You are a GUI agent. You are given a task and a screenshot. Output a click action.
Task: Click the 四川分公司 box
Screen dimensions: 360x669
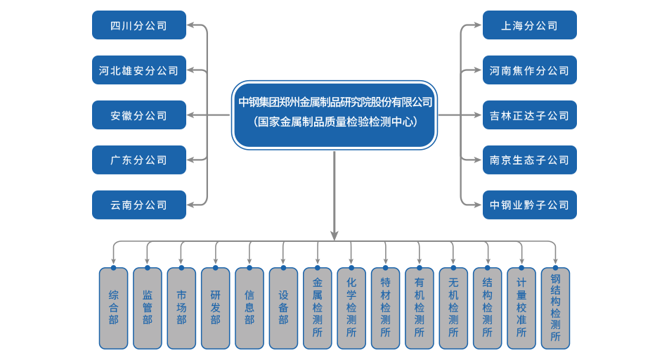click(139, 26)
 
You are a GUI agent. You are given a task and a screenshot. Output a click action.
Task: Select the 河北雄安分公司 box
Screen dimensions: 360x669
click(139, 70)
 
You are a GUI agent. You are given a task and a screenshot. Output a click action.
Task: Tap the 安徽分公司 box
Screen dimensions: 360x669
click(139, 115)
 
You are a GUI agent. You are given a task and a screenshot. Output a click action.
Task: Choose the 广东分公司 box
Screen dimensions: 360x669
click(139, 160)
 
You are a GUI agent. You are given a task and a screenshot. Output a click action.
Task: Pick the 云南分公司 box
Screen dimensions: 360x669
click(139, 205)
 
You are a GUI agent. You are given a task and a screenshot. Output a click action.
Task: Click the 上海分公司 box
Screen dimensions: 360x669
click(529, 26)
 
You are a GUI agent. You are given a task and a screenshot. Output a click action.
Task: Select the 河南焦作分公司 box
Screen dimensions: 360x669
click(529, 70)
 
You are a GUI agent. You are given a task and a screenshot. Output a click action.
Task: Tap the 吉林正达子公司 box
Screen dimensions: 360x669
click(529, 115)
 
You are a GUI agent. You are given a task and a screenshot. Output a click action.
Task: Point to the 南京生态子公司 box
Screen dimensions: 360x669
click(529, 160)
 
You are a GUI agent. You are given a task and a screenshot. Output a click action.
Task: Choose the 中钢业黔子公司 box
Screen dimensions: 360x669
click(529, 205)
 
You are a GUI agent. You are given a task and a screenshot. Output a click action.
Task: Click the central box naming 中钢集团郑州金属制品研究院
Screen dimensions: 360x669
click(334, 115)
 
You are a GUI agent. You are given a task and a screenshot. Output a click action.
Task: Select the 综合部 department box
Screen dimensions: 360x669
click(113, 308)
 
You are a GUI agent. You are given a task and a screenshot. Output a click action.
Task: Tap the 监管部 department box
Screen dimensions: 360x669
click(148, 308)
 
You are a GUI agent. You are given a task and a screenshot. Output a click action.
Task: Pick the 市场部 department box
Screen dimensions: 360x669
click(181, 308)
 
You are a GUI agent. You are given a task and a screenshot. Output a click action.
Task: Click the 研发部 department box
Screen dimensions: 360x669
click(215, 308)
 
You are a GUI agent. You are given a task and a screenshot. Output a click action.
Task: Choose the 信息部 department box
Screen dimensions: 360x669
click(249, 308)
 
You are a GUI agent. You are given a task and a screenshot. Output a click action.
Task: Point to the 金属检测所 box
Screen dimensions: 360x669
click(318, 308)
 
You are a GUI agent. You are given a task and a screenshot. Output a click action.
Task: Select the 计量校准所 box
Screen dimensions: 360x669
click(521, 308)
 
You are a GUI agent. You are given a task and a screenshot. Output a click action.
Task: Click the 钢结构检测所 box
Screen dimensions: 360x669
click(555, 308)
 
